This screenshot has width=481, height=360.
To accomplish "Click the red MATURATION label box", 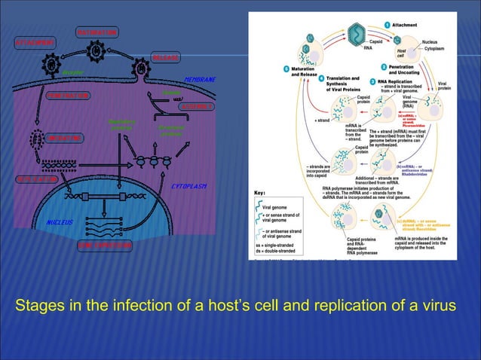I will coord(97,33).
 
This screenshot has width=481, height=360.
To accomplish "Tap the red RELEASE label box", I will coord(165,58).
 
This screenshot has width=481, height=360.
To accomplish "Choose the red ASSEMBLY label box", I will coord(195,107).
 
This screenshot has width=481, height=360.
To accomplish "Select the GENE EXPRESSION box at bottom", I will coord(105,246).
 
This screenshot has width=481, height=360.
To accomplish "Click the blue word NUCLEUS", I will coord(57,224).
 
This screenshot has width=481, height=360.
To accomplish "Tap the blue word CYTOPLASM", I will coord(190,185).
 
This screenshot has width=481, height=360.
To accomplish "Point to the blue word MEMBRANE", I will coord(200,80).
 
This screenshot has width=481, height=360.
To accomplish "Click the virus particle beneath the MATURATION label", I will coord(96,52).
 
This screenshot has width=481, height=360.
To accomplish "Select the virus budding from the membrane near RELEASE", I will coord(142,69).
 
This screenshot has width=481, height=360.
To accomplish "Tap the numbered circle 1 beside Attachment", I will coord(386,25).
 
